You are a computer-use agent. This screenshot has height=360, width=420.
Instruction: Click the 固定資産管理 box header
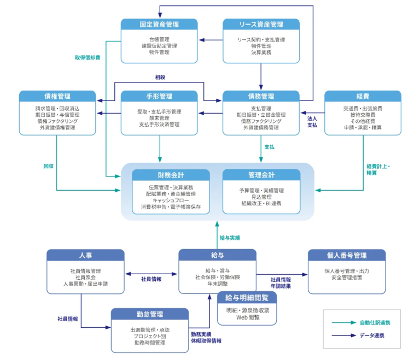[159, 25]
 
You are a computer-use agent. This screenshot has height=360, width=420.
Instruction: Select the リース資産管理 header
[261, 25]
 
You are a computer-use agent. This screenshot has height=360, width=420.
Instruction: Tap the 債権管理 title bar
[57, 97]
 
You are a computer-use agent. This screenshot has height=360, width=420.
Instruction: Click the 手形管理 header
[159, 97]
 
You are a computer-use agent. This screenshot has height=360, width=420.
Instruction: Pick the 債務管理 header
[261, 97]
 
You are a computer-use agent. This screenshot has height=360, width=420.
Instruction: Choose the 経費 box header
[363, 97]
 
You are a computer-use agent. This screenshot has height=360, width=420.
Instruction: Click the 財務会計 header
[171, 175]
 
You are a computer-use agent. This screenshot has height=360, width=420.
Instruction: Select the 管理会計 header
[261, 175]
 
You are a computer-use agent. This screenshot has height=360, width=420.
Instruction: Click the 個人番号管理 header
[346, 255]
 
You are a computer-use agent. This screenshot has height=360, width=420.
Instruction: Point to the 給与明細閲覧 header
[247, 298]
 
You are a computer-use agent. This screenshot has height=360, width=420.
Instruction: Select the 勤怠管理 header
[149, 314]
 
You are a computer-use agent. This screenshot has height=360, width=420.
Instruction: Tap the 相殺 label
[160, 77]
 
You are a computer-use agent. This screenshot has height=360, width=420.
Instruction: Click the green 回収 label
[49, 166]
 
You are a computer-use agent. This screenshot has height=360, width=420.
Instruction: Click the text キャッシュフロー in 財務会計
[171, 200]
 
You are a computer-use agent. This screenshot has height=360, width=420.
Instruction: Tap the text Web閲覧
[247, 317]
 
